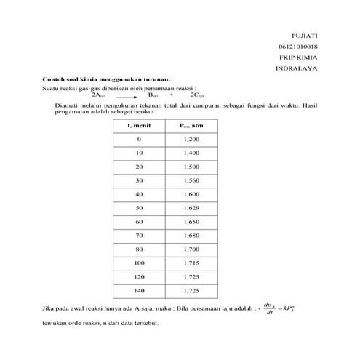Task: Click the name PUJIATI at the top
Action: click(305, 35)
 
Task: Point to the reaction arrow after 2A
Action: click(125, 95)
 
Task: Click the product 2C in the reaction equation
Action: click(196, 95)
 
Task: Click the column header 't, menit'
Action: click(139, 126)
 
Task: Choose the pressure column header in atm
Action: click(191, 126)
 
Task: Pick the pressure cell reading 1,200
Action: click(191, 139)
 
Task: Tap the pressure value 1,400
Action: click(191, 153)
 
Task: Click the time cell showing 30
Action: click(139, 180)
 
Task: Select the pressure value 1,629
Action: click(191, 208)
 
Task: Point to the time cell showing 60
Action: click(139, 221)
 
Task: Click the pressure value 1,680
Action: click(191, 235)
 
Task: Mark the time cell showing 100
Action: click(139, 263)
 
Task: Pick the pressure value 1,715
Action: click(191, 263)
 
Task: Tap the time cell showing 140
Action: click(139, 290)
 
